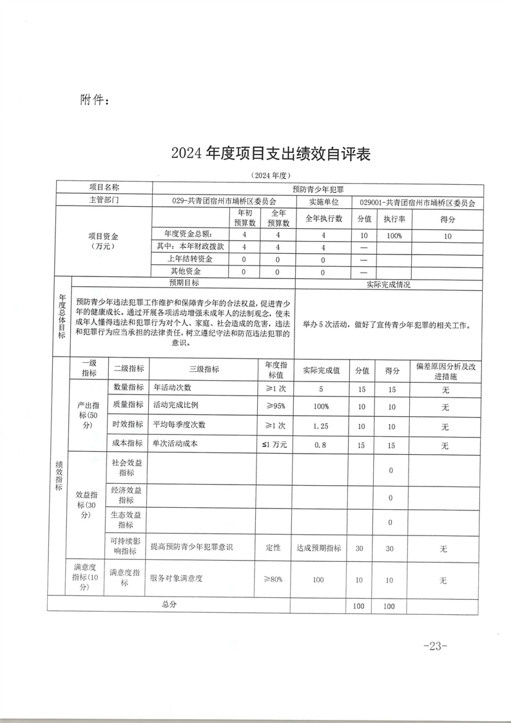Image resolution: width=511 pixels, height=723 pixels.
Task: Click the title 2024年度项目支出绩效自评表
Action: pyautogui.click(x=271, y=154)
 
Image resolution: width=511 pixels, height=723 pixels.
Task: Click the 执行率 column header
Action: pyautogui.click(x=394, y=219)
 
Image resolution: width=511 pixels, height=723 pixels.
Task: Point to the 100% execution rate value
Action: pyautogui.click(x=394, y=236)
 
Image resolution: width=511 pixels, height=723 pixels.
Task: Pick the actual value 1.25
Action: pyautogui.click(x=321, y=427)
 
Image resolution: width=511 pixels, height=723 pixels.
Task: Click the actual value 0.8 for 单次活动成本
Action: pyautogui.click(x=321, y=445)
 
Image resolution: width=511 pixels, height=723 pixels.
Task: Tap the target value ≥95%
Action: pyautogui.click(x=275, y=407)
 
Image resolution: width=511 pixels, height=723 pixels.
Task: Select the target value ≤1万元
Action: pyautogui.click(x=275, y=445)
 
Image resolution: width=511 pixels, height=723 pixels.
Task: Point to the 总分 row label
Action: pyautogui.click(x=169, y=605)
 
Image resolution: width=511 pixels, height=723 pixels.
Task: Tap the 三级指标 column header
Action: pyautogui.click(x=204, y=369)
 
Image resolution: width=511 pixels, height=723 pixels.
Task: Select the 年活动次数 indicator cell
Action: pyautogui.click(x=173, y=389)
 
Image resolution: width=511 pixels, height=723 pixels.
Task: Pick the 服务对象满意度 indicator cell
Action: pyautogui.click(x=177, y=580)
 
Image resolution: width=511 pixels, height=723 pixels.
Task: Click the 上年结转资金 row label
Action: pyautogui.click(x=190, y=259)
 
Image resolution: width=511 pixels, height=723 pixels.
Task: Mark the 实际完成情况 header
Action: pyautogui.click(x=388, y=284)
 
